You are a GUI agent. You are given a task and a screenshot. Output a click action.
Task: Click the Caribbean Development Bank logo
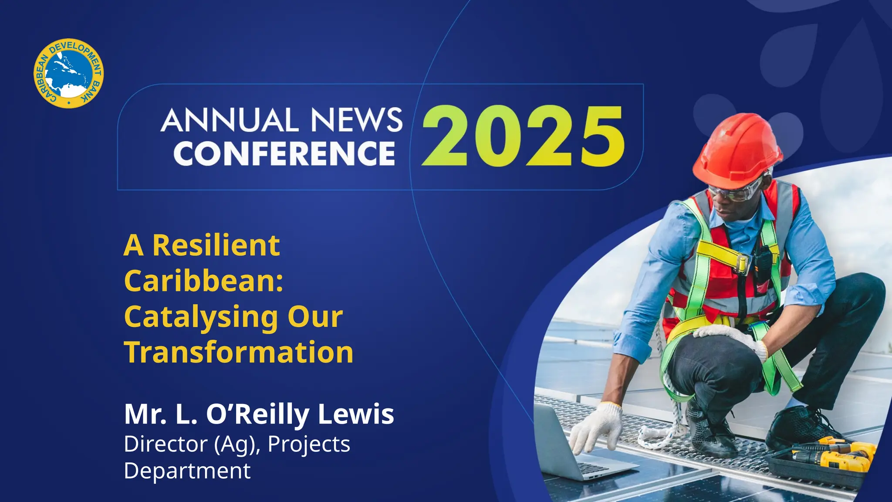click(x=69, y=73)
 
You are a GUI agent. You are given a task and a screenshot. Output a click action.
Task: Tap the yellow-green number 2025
click(x=523, y=136)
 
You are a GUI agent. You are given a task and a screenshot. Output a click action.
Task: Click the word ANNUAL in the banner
click(x=230, y=120)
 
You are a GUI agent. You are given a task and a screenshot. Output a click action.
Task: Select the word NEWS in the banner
click(x=356, y=120)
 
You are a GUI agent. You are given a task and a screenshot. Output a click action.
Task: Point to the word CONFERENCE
click(x=284, y=153)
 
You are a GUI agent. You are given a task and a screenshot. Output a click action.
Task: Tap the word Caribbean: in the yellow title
click(x=204, y=281)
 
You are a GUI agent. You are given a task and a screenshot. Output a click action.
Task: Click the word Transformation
click(x=239, y=352)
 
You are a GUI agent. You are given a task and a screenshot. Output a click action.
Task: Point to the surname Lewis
click(x=356, y=414)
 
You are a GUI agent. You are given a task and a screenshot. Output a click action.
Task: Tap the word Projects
click(x=309, y=444)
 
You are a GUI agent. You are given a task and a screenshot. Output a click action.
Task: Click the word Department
click(x=187, y=471)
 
